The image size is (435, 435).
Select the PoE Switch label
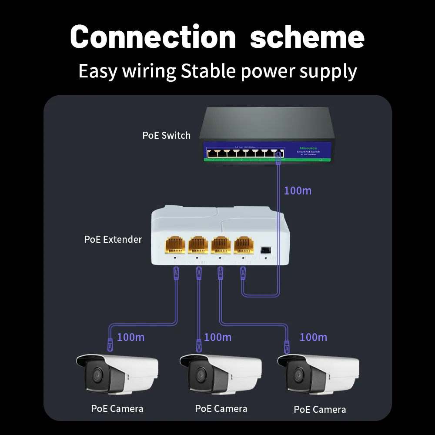pyautogui.click(x=166, y=135)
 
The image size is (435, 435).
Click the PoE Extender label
pyautogui.click(x=113, y=239)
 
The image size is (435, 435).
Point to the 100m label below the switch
pyautogui.click(x=298, y=191)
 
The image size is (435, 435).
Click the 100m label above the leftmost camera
pyautogui.click(x=131, y=337)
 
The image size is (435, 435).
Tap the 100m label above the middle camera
pyautogui.click(x=217, y=337)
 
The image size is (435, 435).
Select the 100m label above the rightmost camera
pyautogui.click(x=313, y=337)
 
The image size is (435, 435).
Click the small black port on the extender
pyautogui.click(x=264, y=250)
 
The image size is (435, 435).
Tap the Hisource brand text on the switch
pyautogui.click(x=308, y=147)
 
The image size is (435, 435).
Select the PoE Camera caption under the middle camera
pyautogui.click(x=221, y=408)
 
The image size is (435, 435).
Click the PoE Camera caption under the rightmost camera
pyautogui.click(x=320, y=409)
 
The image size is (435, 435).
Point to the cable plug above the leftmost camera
pyautogui.click(x=109, y=345)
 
